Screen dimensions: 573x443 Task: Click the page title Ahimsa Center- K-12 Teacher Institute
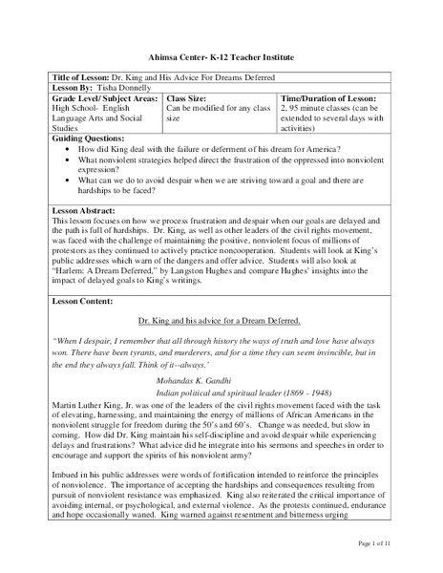coord(221,57)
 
